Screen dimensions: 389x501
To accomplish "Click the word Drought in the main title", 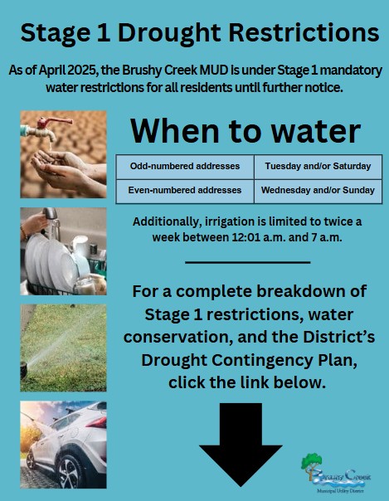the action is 169,33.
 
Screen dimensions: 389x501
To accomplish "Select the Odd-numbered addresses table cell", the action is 185,167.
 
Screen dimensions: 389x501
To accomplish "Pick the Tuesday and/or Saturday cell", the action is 318,167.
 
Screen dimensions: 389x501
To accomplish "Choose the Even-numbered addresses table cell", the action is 185,191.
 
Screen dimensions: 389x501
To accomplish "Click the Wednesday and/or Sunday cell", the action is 318,191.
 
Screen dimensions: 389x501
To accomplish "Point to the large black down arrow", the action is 241,445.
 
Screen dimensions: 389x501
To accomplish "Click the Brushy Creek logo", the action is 336,473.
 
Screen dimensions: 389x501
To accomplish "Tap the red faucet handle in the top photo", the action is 53,122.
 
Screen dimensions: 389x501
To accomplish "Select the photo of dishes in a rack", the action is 63,251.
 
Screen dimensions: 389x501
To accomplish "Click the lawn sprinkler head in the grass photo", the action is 23,370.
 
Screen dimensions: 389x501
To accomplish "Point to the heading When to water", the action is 246,131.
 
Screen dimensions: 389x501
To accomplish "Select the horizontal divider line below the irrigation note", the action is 248,262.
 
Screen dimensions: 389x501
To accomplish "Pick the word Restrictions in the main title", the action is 304,32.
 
